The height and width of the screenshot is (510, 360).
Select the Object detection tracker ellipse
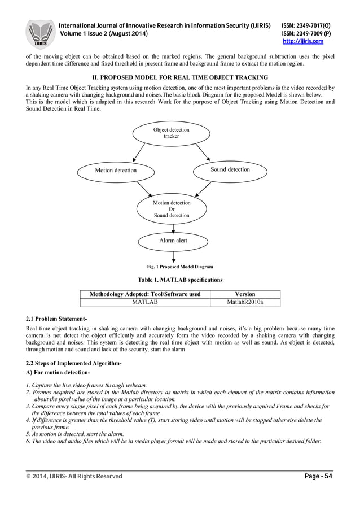(171, 133)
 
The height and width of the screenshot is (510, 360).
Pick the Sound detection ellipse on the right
(230, 169)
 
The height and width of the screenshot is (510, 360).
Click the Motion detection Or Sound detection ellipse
(172, 209)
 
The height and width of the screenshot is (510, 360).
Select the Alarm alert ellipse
(173, 241)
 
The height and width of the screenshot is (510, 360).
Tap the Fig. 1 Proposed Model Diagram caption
(179, 267)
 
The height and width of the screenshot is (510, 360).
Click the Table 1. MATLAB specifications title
(180, 280)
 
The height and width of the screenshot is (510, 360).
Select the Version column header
(244, 294)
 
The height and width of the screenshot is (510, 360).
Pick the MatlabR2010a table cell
(244, 302)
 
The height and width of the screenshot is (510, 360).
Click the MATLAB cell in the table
(144, 302)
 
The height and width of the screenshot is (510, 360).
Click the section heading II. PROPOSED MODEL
(179, 77)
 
